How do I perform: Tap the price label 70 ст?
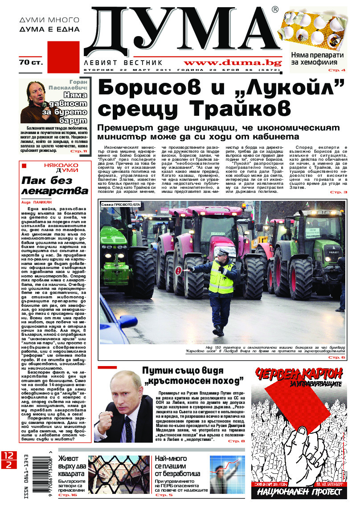(x=31, y=62)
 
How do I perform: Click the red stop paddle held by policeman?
(x=178, y=270)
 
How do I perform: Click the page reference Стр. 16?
(x=68, y=495)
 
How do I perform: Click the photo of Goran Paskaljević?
(x=39, y=102)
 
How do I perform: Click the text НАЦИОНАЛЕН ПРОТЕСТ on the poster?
(x=297, y=492)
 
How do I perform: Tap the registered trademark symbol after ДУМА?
(x=275, y=9)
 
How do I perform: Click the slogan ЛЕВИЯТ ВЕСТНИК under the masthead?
(x=124, y=63)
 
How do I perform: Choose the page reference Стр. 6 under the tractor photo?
(x=336, y=357)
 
